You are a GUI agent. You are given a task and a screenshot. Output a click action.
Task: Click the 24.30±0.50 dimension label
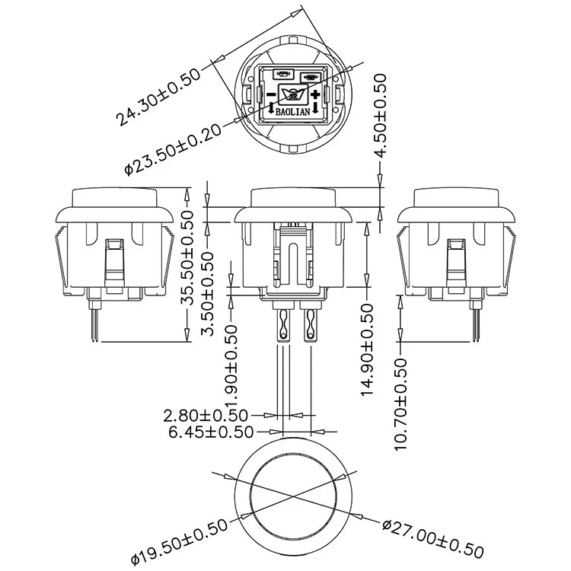click(x=158, y=97)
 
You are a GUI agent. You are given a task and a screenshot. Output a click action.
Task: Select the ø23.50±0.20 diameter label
click(x=173, y=150)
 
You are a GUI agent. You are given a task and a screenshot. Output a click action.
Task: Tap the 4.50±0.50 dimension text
click(x=380, y=116)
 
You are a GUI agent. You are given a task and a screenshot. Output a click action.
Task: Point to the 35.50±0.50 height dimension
click(x=188, y=258)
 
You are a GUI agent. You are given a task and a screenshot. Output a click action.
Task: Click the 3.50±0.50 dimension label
click(x=209, y=294)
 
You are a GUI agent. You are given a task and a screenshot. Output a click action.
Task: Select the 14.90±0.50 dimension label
click(x=367, y=350)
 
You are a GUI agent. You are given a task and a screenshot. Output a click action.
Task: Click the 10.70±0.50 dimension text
click(x=400, y=404)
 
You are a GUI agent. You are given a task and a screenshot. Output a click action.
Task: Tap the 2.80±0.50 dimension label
click(x=206, y=415)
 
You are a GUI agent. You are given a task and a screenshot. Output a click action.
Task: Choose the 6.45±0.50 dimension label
click(x=211, y=432)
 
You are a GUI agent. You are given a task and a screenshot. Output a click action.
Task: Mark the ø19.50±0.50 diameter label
click(x=179, y=542)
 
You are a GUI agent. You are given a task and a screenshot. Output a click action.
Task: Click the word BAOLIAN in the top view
click(x=293, y=112)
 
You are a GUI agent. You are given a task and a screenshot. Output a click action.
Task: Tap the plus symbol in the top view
click(x=315, y=94)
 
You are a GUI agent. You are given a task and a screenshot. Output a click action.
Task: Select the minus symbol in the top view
click(x=271, y=94)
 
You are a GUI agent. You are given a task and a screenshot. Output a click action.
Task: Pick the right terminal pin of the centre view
click(x=311, y=325)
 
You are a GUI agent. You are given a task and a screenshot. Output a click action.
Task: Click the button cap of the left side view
click(x=114, y=198)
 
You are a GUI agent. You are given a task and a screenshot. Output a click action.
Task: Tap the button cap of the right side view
click(x=456, y=198)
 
